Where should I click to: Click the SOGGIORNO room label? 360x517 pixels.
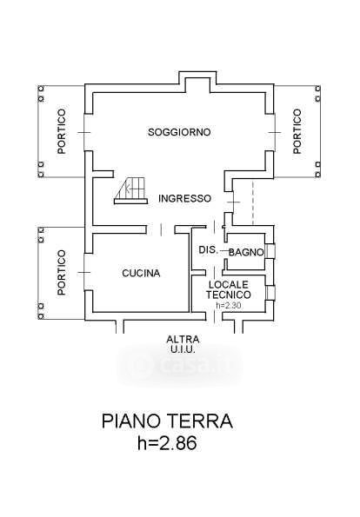pyautogui.click(x=179, y=132)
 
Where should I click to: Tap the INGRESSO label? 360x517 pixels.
pyautogui.click(x=184, y=198)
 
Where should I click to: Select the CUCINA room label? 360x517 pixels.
pyautogui.click(x=141, y=274)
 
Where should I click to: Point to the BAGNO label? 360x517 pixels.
pyautogui.click(x=246, y=253)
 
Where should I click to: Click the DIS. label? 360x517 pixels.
pyautogui.click(x=208, y=250)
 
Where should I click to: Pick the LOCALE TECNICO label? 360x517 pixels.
pyautogui.click(x=229, y=289)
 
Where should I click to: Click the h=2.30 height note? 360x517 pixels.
pyautogui.click(x=229, y=306)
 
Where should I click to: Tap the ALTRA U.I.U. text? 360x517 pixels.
pyautogui.click(x=183, y=344)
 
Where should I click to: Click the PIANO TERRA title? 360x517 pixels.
pyautogui.click(x=167, y=421)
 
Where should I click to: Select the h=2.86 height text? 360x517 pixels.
pyautogui.click(x=167, y=442)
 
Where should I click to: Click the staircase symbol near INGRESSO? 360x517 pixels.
pyautogui.click(x=130, y=191)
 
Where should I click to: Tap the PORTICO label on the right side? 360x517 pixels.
pyautogui.click(x=297, y=131)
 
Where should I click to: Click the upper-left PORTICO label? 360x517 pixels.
pyautogui.click(x=62, y=131)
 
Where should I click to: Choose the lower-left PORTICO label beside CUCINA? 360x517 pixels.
pyautogui.click(x=62, y=272)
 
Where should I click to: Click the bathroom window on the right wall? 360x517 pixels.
pyautogui.click(x=270, y=251)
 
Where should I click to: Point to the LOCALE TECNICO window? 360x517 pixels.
pyautogui.click(x=270, y=293)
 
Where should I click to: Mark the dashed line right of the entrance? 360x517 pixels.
pyautogui.click(x=253, y=202)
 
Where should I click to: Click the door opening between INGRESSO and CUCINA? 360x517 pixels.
pyautogui.click(x=161, y=229)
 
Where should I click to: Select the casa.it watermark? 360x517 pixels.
pyautogui.click(x=180, y=365)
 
